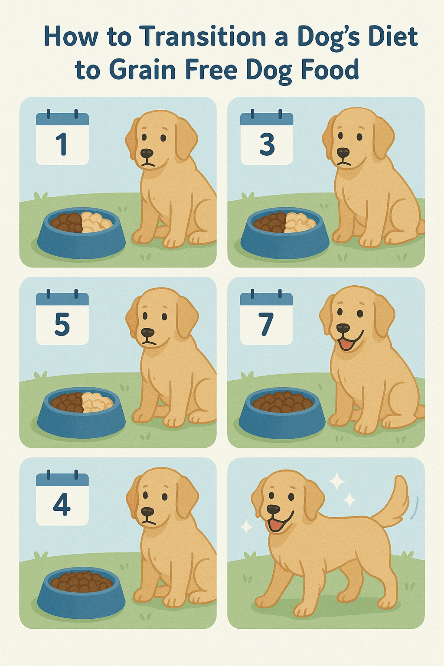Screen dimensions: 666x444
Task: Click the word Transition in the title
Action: pos(202,37)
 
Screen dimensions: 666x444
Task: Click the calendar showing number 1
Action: pos(62,138)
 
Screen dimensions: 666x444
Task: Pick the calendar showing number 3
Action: pos(267,138)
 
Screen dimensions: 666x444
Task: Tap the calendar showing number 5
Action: pos(62,318)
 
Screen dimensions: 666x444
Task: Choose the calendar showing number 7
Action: pos(266,318)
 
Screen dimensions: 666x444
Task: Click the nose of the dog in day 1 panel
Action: pos(147,153)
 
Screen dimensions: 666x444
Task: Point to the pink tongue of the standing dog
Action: pos(275,525)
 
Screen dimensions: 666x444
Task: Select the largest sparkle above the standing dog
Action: pos(336,481)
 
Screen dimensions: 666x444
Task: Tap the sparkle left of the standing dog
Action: pos(246,526)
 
